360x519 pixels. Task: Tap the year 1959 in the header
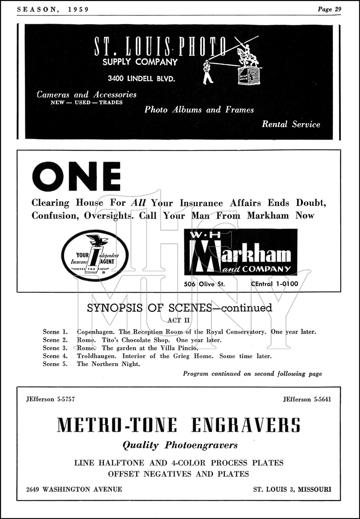pyautogui.click(x=78, y=9)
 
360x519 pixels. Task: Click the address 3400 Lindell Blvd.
pyautogui.click(x=141, y=78)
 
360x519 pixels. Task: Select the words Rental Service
pyautogui.click(x=291, y=124)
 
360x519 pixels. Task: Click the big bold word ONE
pyautogui.click(x=76, y=177)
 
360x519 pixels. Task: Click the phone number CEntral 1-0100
pyautogui.click(x=274, y=284)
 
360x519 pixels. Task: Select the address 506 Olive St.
pyautogui.click(x=204, y=284)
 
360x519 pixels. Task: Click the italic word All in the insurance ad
pyautogui.click(x=138, y=203)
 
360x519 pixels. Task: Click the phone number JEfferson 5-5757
pyautogui.click(x=50, y=399)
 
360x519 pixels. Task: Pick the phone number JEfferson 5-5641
pyautogui.click(x=307, y=399)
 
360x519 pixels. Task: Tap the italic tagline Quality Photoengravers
pyautogui.click(x=180, y=445)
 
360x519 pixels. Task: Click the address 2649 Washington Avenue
pyautogui.click(x=74, y=489)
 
